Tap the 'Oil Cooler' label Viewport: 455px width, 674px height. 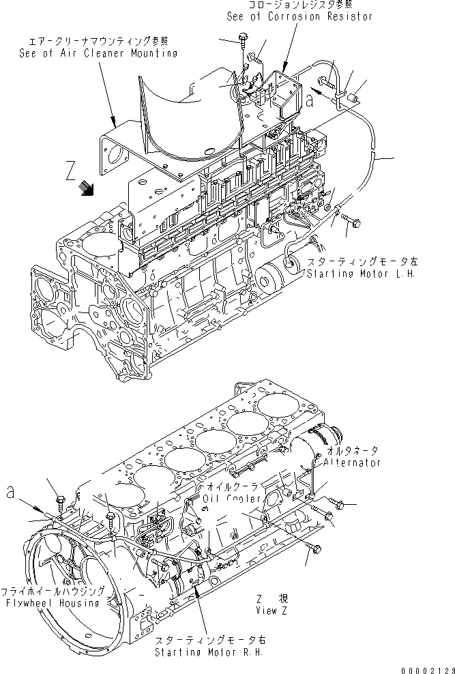click(232, 499)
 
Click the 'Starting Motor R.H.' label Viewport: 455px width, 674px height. click(205, 652)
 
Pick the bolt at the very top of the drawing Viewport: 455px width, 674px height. click(243, 38)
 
